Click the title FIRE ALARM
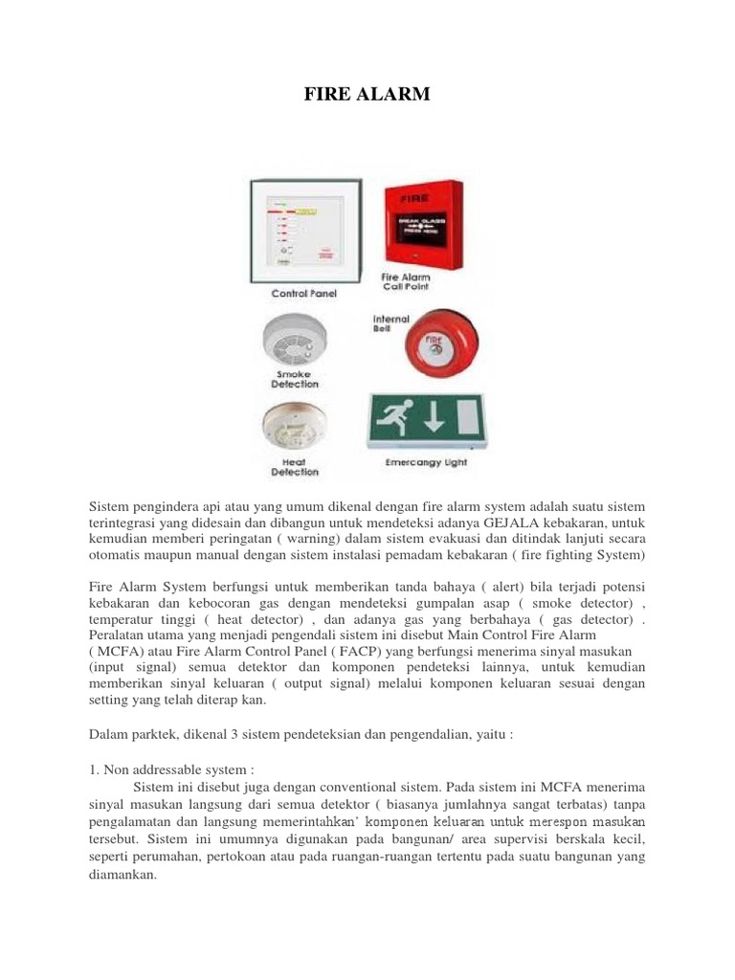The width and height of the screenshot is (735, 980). (367, 94)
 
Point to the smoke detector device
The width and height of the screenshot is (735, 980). (294, 339)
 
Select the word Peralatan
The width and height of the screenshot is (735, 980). (119, 634)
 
